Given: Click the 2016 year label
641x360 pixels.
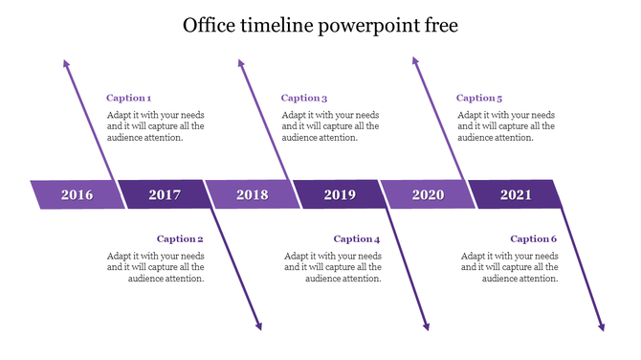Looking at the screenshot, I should [77, 195].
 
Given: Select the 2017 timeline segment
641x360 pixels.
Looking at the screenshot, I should [165, 195].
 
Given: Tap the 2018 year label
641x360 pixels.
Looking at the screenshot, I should [253, 195].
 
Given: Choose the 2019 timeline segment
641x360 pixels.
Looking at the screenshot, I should [340, 195].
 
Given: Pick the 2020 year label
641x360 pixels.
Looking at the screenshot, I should [428, 195].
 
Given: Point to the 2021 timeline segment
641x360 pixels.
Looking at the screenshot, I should [516, 195].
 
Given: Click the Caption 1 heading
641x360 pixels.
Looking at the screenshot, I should [128, 98].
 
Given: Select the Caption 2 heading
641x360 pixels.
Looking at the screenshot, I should [181, 239].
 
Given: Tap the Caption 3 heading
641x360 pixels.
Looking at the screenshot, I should [304, 98].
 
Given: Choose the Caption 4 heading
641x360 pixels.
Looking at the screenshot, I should [357, 239].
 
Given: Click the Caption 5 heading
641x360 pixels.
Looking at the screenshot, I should [479, 98].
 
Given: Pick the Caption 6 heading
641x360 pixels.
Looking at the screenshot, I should [533, 239].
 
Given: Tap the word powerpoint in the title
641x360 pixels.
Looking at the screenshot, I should [369, 26].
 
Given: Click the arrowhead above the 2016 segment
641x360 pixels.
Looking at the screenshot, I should [66, 63].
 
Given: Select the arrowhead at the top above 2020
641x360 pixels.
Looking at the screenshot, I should [415, 61].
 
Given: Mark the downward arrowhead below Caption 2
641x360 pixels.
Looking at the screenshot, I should [258, 326].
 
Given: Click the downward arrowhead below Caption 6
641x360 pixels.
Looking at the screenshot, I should [602, 326].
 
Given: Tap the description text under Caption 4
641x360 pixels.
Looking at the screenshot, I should [333, 267].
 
